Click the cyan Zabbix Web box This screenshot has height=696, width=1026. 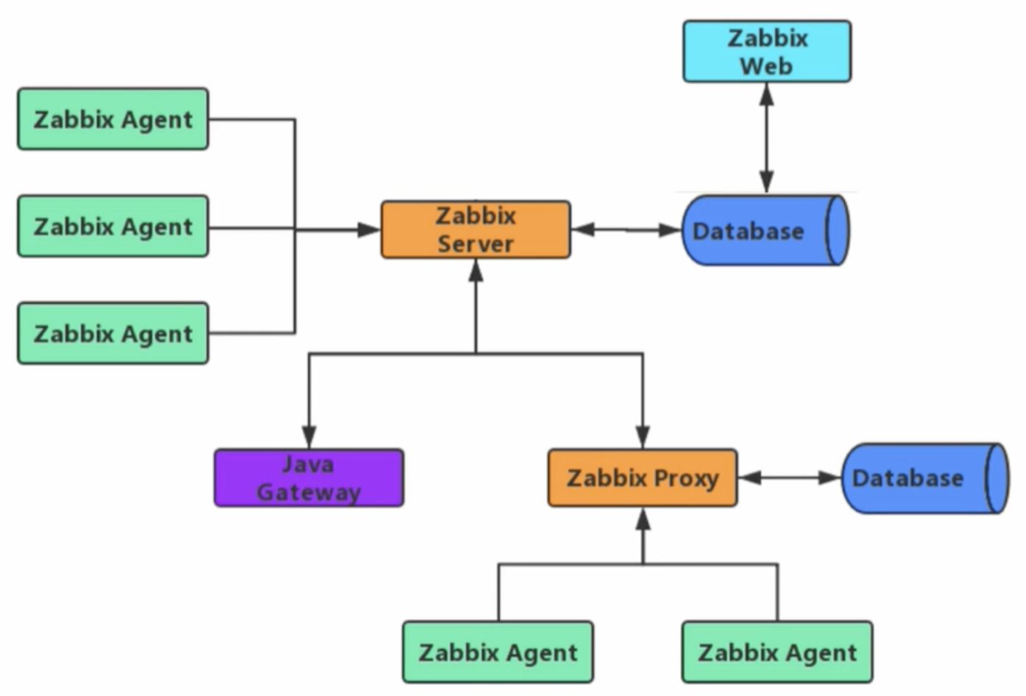pyautogui.click(x=767, y=52)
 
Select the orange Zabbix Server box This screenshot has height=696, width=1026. pyautogui.click(x=475, y=230)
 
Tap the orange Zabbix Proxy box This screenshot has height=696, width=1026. pyautogui.click(x=642, y=478)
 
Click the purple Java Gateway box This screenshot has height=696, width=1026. pyautogui.click(x=308, y=478)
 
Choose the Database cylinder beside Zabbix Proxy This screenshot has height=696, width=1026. pyautogui.click(x=924, y=478)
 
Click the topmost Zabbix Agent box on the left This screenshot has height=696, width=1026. pyautogui.click(x=113, y=119)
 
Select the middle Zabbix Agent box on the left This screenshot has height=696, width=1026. pyautogui.click(x=113, y=227)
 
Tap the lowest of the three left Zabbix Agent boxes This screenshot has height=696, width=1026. pyautogui.click(x=113, y=333)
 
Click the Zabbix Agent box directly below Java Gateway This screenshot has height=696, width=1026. pyautogui.click(x=498, y=653)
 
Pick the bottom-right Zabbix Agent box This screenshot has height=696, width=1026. pyautogui.click(x=777, y=653)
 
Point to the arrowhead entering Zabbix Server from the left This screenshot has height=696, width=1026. pyautogui.click(x=369, y=230)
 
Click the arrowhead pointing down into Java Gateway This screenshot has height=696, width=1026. pyautogui.click(x=308, y=436)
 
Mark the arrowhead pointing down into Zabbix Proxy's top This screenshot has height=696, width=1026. pyautogui.click(x=643, y=436)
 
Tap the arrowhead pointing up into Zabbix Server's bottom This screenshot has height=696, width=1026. pyautogui.click(x=476, y=271)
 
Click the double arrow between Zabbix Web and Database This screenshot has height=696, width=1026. pyautogui.click(x=766, y=138)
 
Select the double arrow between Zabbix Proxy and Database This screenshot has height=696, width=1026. pyautogui.click(x=789, y=478)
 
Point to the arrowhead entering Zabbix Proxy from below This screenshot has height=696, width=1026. pyautogui.click(x=643, y=521)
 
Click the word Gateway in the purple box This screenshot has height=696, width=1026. pyautogui.click(x=308, y=492)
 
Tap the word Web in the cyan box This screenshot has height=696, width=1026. pyautogui.click(x=766, y=66)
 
